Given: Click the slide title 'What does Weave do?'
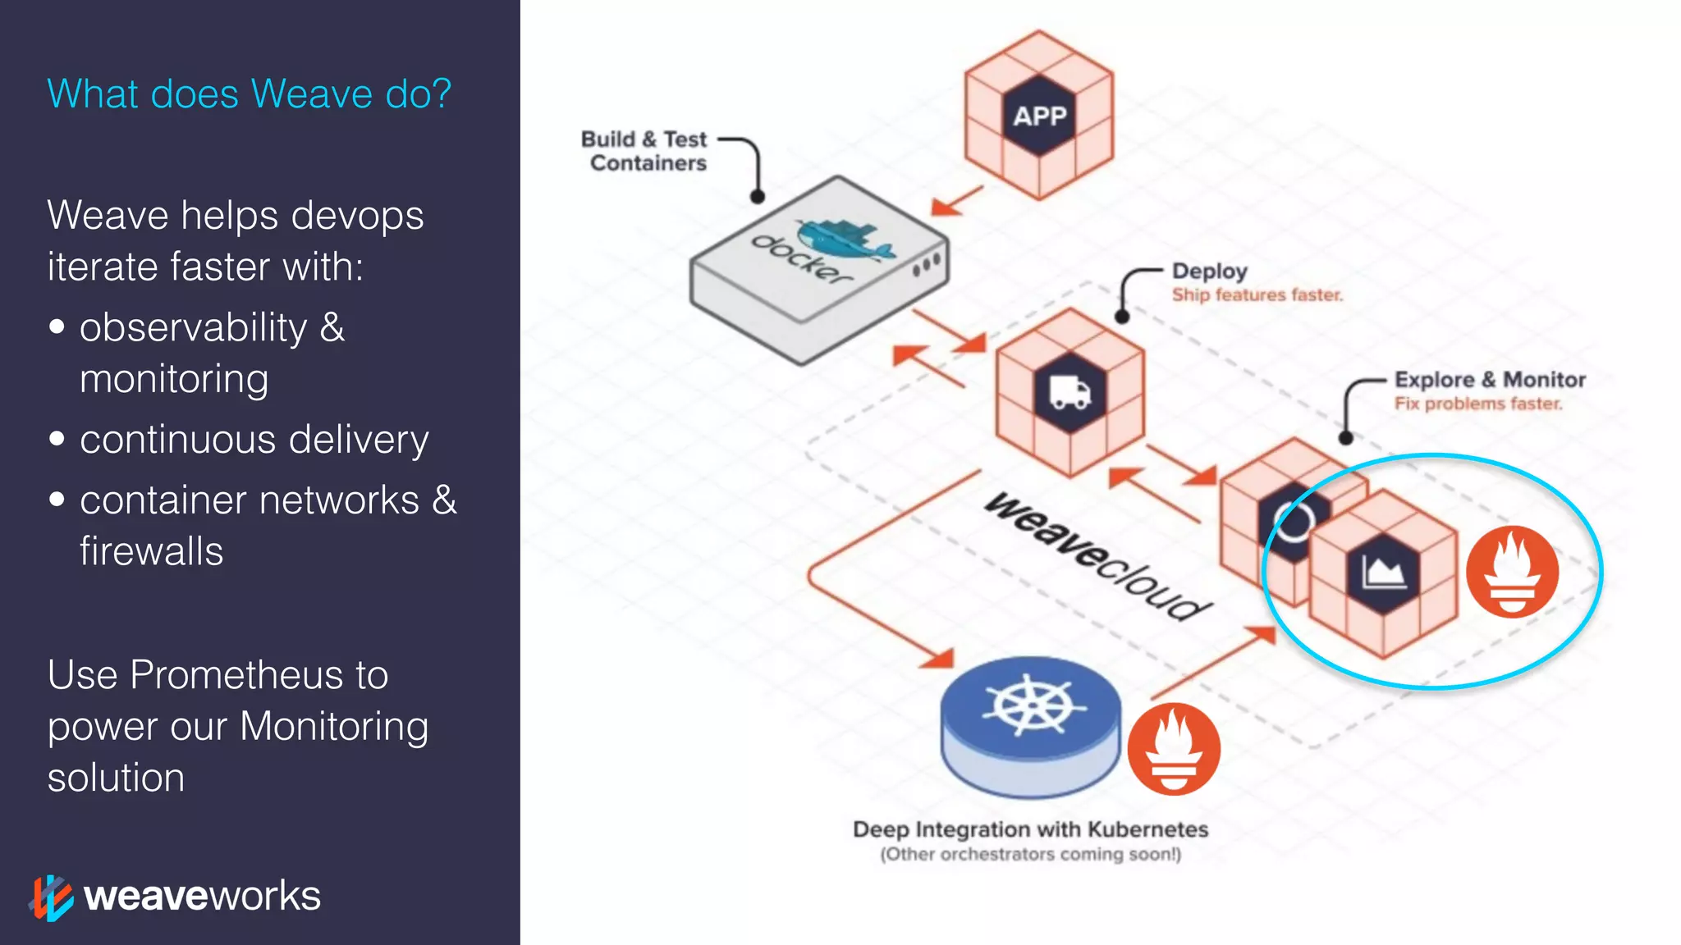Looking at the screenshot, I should coord(249,94).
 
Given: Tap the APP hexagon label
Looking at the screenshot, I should coord(1039,116).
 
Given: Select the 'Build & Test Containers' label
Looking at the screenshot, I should coord(645,151).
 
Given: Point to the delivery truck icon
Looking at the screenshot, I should coord(1070,392).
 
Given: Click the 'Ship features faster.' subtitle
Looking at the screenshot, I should coord(1257,294).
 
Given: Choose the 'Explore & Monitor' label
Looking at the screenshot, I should coord(1490,380).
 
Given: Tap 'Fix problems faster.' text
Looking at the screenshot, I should coord(1477,404).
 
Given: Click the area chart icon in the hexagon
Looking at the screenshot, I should coord(1383,572).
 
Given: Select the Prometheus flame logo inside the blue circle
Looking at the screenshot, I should coord(1512,572).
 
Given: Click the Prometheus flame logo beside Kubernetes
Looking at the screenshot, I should coord(1173,749).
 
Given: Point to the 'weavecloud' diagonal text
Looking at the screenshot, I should coord(1096,556).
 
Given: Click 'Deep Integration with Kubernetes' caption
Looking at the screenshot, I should coord(1030,829).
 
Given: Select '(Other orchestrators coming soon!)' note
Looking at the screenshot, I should coord(1030,855).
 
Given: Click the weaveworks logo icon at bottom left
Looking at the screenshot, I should coord(51,897).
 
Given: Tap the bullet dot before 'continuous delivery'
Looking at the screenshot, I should coord(57,439).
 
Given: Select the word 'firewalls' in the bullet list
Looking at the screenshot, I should coord(151,551).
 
